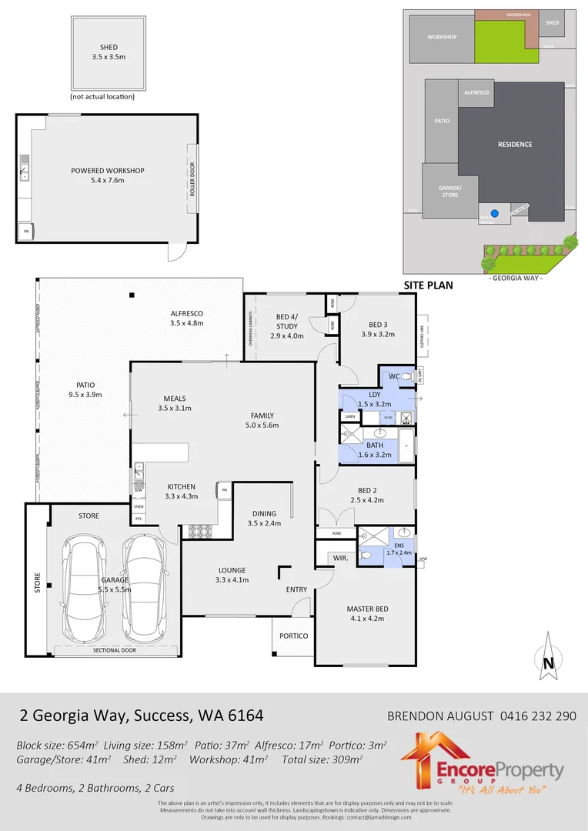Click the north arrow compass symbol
coord(547,656)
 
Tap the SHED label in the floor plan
coord(109,46)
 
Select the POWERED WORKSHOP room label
coord(108,171)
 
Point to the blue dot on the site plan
coord(495,213)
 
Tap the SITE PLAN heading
coord(428,285)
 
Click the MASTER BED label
coord(367,609)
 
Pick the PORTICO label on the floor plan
coord(293,636)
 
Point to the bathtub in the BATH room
coord(406,446)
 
